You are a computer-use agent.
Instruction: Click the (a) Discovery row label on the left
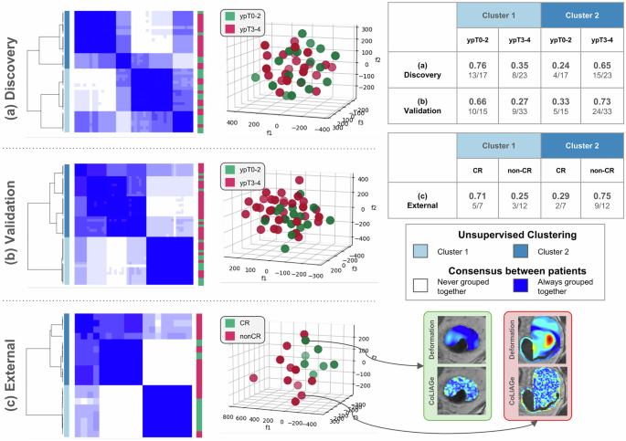[x=13, y=71]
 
